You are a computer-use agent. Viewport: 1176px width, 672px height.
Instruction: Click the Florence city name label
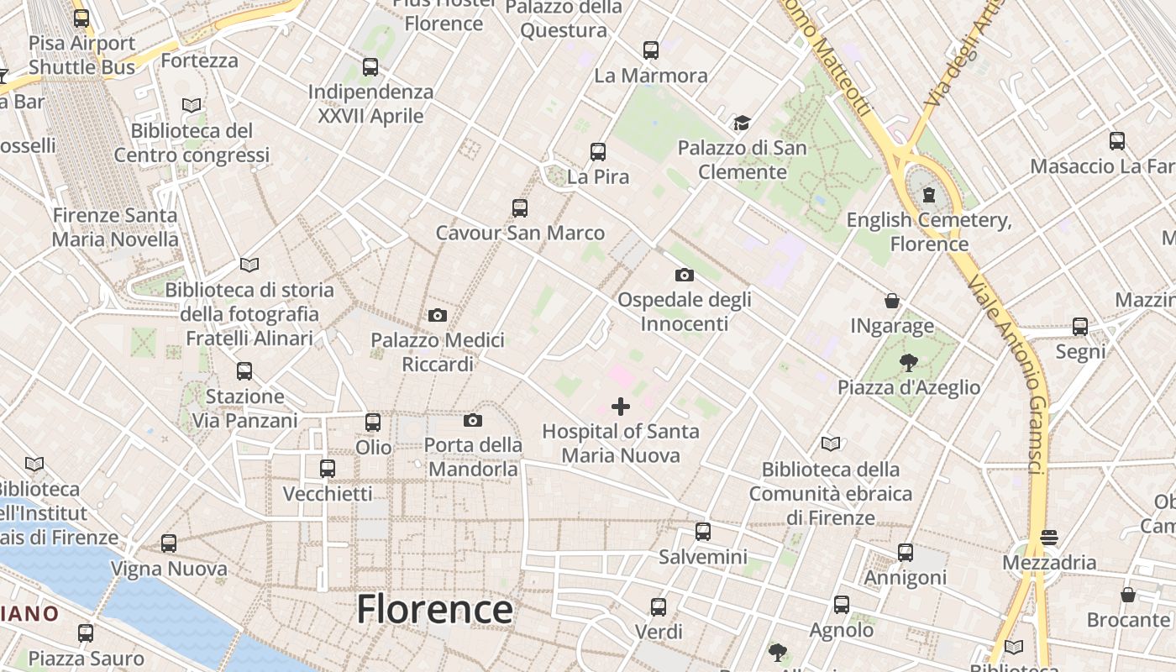[x=434, y=609]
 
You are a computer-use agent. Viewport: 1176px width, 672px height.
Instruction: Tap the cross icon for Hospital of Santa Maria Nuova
[x=621, y=407]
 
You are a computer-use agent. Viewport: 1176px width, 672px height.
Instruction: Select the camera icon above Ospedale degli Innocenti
[x=685, y=275]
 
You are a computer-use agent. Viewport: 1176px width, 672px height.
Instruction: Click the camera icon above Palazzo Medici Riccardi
[x=438, y=316]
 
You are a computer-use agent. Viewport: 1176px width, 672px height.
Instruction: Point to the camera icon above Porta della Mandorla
[x=473, y=420]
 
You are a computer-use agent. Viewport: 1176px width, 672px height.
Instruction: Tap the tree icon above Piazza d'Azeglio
[x=908, y=363]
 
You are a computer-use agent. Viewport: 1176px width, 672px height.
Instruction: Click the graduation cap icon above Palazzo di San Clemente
[x=742, y=123]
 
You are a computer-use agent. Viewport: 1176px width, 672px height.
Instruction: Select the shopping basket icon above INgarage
[x=892, y=301]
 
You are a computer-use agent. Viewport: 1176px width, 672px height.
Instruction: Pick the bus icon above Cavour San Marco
[x=520, y=208]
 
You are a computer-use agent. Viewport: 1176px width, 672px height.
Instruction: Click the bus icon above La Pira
[x=598, y=152]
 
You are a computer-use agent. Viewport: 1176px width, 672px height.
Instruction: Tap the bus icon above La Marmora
[x=651, y=50]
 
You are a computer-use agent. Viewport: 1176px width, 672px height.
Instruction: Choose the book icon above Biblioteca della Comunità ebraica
[x=831, y=444]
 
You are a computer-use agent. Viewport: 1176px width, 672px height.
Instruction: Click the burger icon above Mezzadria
[x=1048, y=538]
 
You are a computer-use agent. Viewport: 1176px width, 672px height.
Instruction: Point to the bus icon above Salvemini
[x=703, y=532]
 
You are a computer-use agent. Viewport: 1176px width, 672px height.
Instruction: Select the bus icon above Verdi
[x=659, y=606]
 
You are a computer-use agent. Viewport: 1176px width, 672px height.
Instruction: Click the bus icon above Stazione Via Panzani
[x=244, y=371]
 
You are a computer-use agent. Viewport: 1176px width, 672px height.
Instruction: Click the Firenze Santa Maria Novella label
[x=115, y=228]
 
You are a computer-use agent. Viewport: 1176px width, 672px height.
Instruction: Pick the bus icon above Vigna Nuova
[x=169, y=543]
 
